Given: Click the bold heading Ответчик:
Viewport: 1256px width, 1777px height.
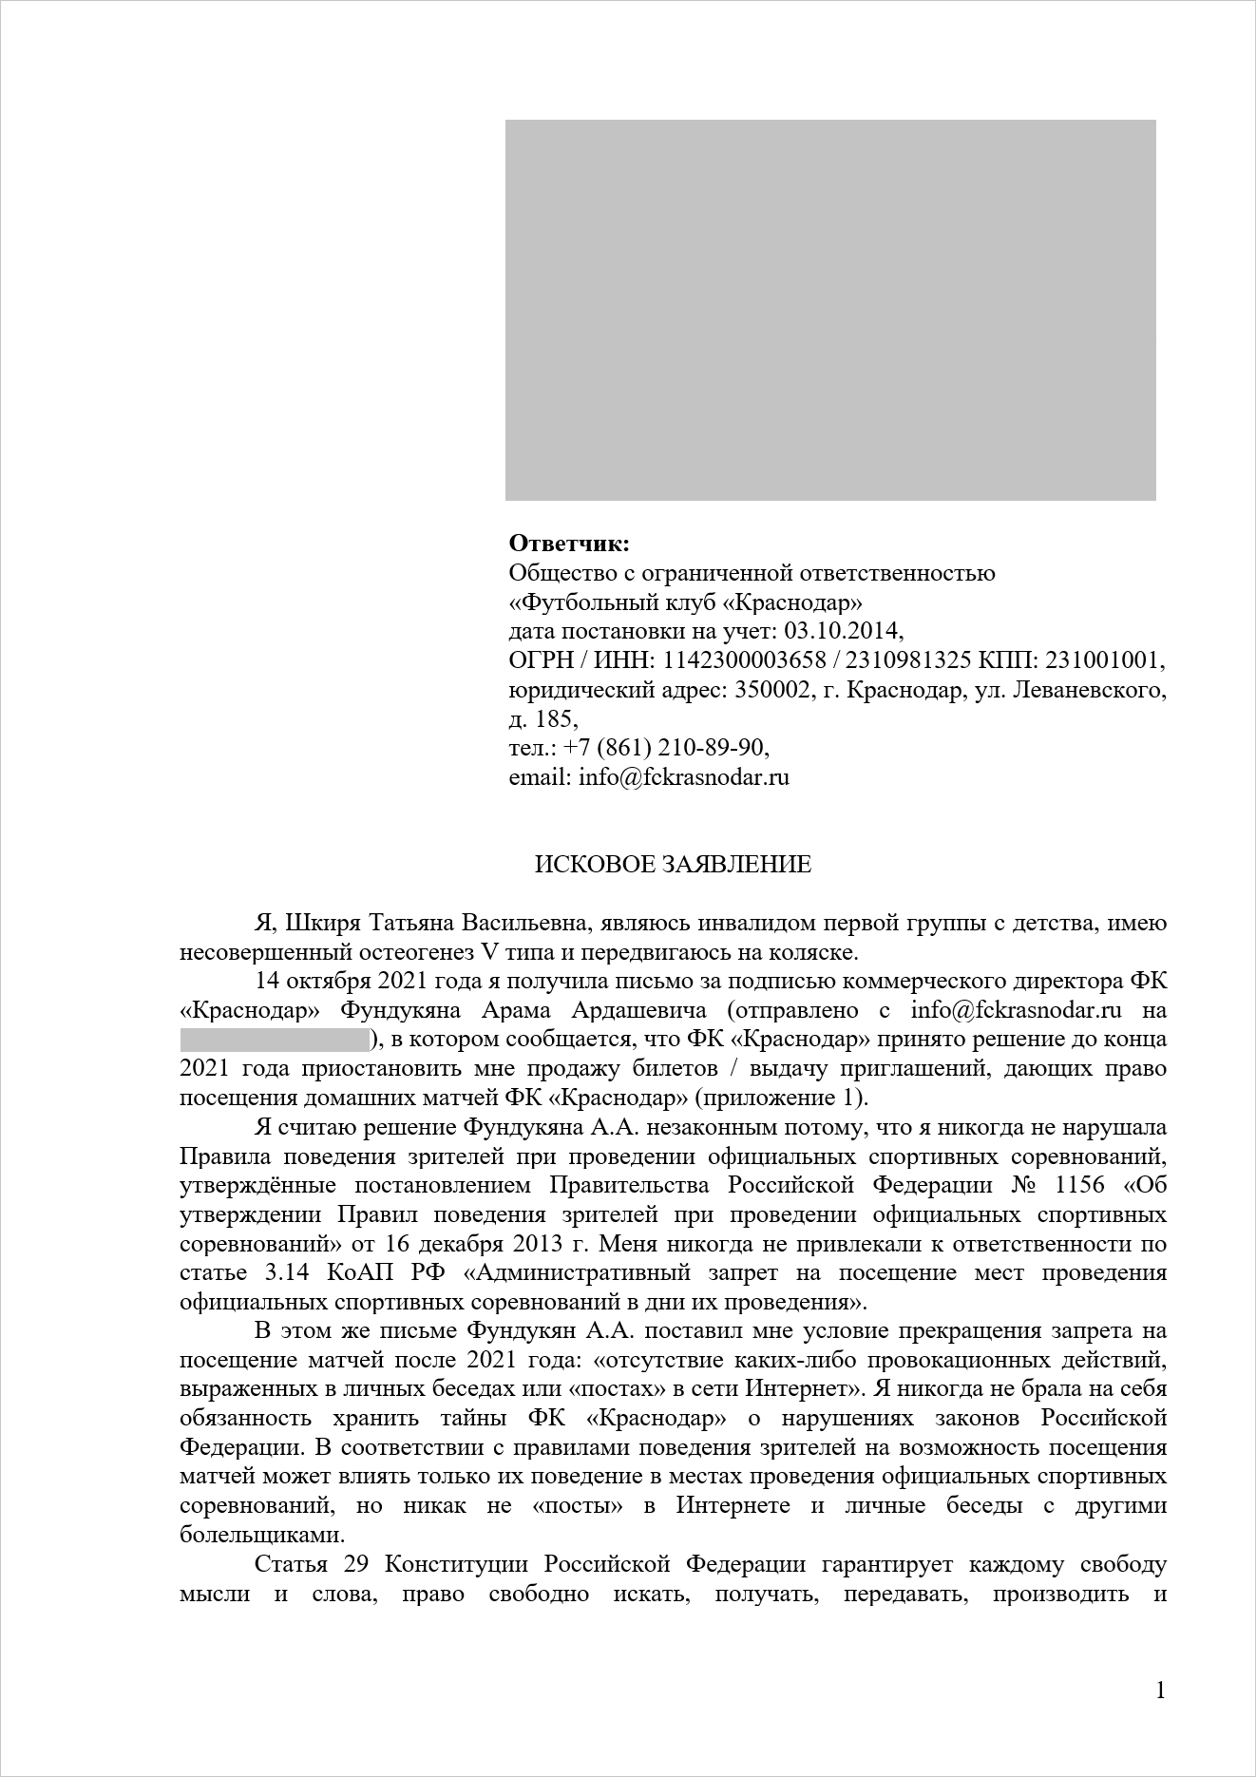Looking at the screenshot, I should tap(569, 545).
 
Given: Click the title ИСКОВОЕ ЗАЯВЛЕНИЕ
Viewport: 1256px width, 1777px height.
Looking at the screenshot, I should tap(673, 865).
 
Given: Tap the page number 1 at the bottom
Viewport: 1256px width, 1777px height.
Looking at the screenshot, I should tap(1159, 1691).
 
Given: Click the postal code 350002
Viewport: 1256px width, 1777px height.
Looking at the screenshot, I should tap(774, 691).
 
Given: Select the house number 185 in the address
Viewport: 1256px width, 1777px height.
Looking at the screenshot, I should tap(556, 719).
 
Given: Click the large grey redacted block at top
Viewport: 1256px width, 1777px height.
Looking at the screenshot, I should tap(829, 310).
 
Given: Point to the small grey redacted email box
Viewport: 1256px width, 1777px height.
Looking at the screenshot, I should tap(274, 1041).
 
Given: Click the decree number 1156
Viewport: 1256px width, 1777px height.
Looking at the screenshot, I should tap(1078, 1186).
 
